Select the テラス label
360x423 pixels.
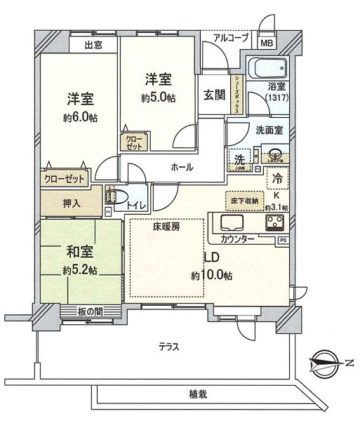(x=168, y=347)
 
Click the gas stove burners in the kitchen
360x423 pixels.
(x=274, y=223)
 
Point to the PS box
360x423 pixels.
(x=282, y=241)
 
